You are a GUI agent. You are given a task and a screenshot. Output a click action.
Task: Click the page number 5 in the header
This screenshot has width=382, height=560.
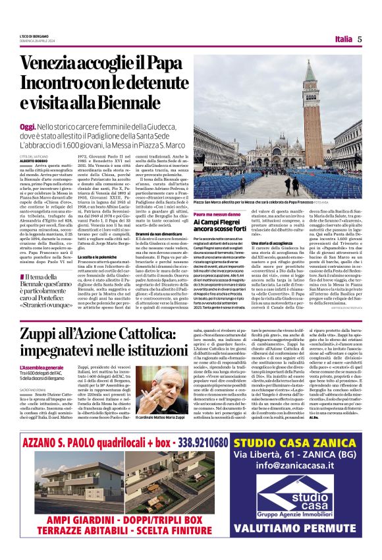click(x=360, y=38)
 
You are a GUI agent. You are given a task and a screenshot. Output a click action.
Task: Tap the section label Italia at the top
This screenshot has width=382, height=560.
click(x=342, y=38)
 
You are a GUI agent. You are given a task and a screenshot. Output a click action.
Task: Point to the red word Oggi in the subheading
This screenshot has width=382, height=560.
click(x=28, y=125)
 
